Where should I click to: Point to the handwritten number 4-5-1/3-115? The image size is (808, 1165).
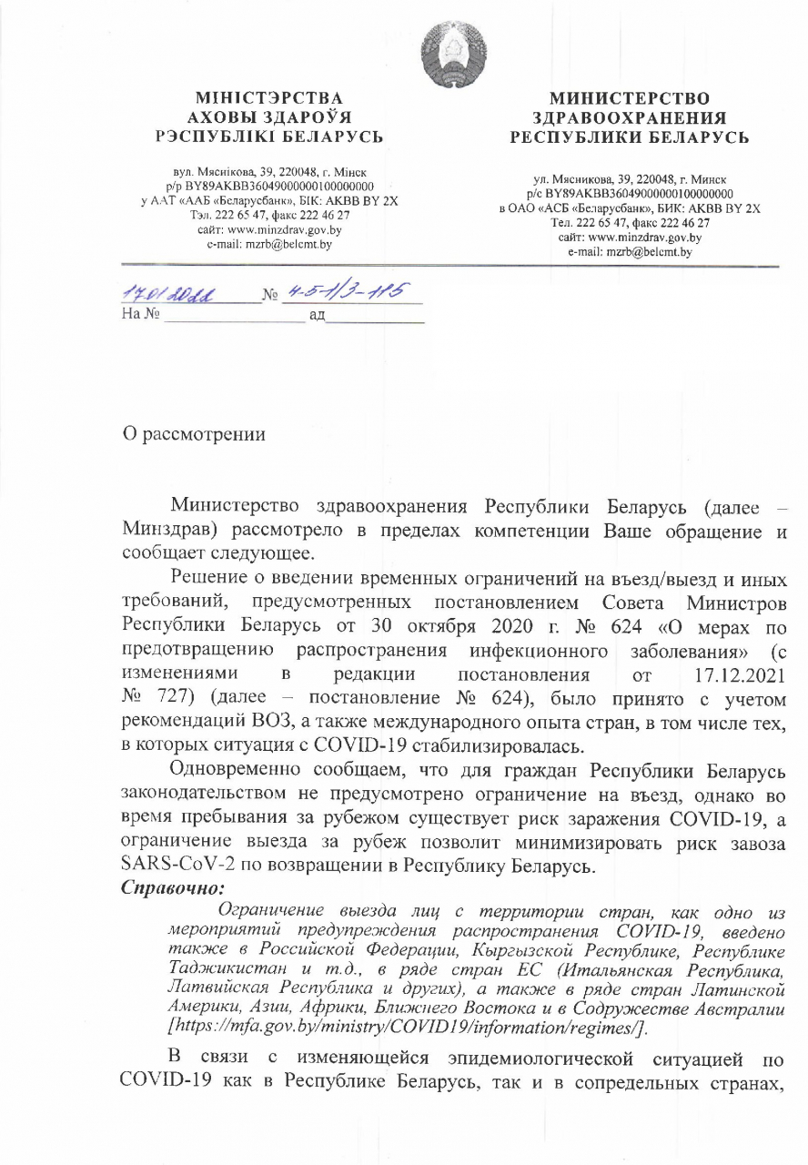(x=351, y=291)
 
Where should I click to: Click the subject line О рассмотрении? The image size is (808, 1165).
(x=195, y=434)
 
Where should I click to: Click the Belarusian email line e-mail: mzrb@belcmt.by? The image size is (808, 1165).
(x=270, y=244)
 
